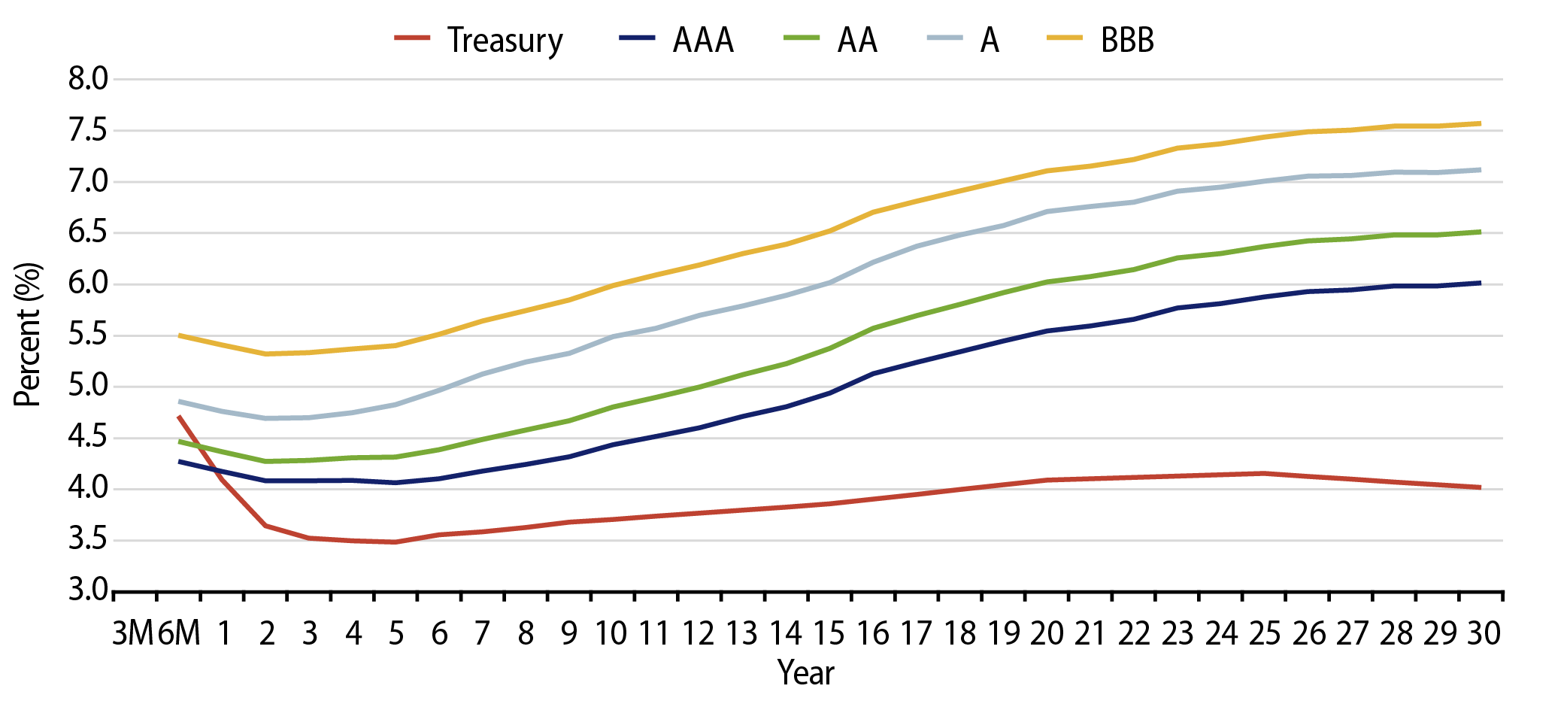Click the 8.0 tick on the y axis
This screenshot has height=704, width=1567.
pos(89,79)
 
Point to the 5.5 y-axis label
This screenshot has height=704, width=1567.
pos(89,335)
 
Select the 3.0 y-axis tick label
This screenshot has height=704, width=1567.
pos(89,590)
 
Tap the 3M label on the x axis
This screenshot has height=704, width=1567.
pos(134,634)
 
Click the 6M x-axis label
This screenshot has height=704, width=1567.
pos(179,634)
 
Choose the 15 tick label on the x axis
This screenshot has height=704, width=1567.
pos(829,634)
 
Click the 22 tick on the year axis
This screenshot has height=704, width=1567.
pos(1134,634)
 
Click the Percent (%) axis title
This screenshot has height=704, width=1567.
pos(28,335)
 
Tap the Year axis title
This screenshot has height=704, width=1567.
pos(806,673)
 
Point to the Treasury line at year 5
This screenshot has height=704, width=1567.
pos(396,542)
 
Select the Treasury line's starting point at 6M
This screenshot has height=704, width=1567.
pos(179,416)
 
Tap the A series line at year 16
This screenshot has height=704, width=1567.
pos(873,262)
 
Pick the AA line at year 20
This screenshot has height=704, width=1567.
pos(1047,282)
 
